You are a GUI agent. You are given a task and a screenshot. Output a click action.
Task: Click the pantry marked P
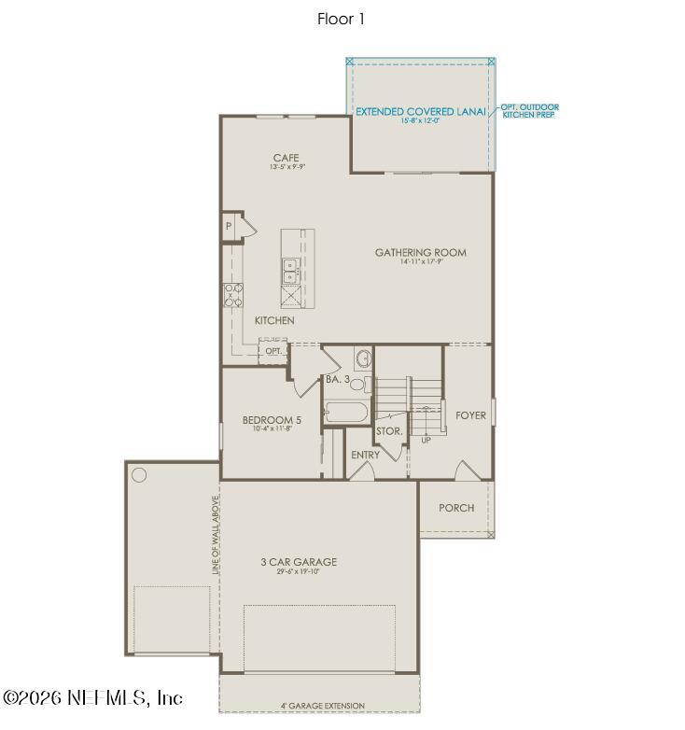(228, 226)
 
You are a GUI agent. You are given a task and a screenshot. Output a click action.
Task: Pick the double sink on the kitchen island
(289, 270)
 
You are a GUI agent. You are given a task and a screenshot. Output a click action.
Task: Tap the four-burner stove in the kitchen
(232, 295)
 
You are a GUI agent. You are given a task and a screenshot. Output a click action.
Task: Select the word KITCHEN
(274, 320)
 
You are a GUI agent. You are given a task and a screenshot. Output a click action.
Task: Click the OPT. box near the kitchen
(273, 351)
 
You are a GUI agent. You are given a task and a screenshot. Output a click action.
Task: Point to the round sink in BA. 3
(363, 359)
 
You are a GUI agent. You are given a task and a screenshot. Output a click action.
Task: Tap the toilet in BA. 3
(367, 384)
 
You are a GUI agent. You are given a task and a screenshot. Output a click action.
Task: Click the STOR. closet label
(389, 431)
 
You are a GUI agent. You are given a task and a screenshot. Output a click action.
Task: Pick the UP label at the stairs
(426, 439)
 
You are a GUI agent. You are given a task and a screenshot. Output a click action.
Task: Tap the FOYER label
(470, 415)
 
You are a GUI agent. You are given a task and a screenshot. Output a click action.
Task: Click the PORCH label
(456, 508)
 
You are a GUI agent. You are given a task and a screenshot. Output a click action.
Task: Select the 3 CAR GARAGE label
(299, 562)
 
